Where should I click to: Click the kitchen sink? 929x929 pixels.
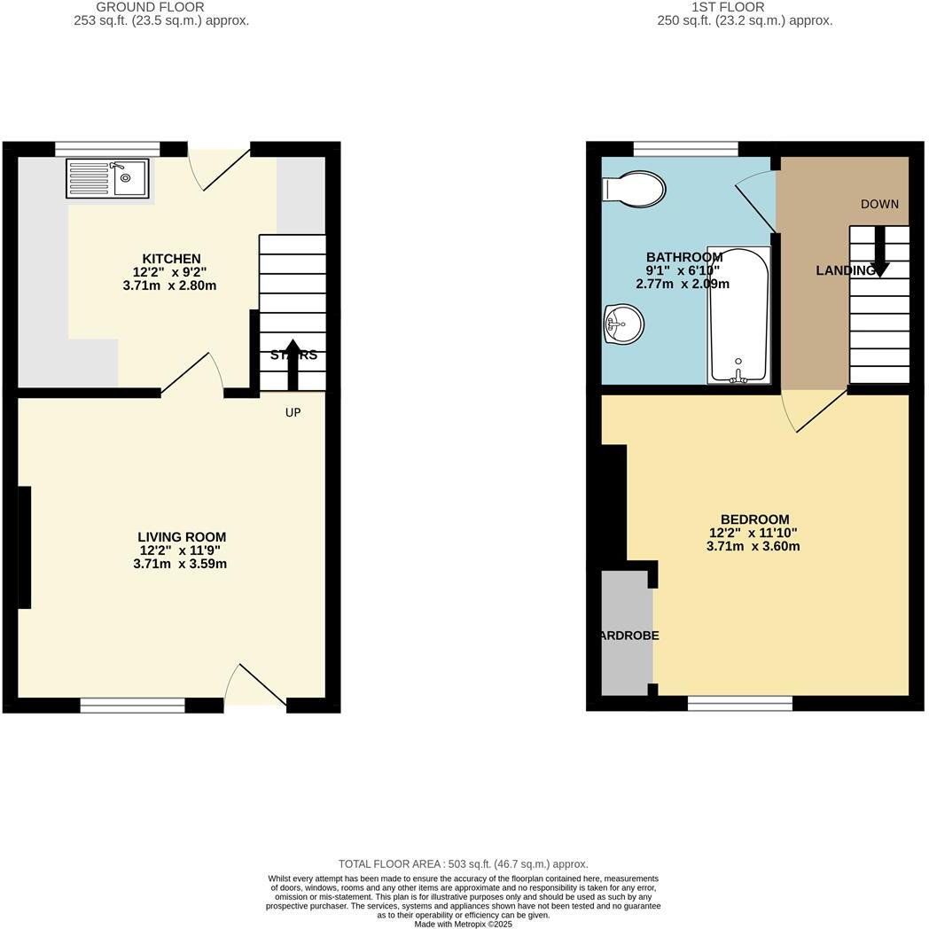pos(107,178)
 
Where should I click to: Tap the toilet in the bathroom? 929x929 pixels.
pos(635,188)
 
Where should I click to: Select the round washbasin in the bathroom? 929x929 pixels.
pos(623,324)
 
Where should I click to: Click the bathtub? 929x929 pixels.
pos(738,315)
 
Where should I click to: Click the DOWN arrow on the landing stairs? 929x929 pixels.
pos(879,251)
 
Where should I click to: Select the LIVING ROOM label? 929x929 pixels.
pos(182,537)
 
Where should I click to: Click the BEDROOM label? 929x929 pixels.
pos(754,519)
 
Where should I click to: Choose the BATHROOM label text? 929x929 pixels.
pos(683,257)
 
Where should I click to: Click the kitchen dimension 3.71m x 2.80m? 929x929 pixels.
pos(170,285)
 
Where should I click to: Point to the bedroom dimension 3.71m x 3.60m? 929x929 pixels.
pos(753,546)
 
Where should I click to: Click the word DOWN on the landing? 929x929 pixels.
pos(879,204)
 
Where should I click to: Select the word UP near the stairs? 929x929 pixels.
pos(293,412)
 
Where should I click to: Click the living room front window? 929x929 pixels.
pos(133,706)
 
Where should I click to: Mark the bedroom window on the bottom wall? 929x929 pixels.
pos(740,704)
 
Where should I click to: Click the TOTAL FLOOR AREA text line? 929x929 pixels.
pos(463,863)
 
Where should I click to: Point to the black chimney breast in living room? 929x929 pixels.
pos(24,547)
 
